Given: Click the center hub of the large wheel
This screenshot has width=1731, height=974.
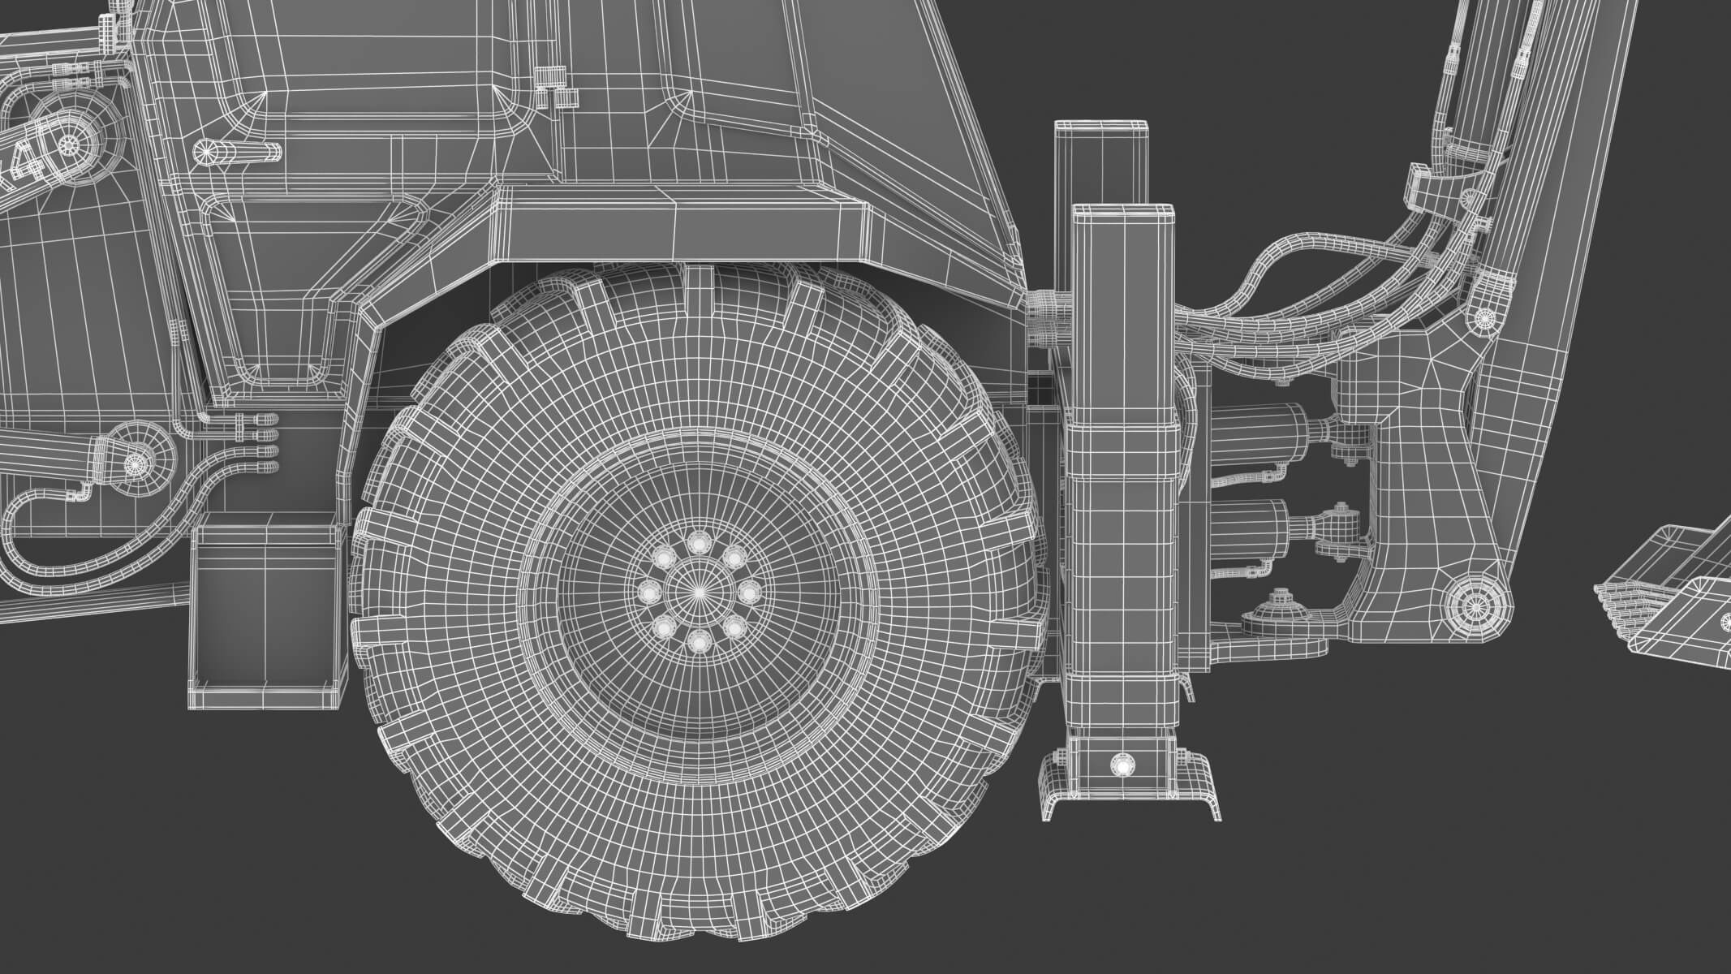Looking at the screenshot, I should click(x=698, y=593).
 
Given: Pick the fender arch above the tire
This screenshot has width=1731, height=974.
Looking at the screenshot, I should click(x=682, y=227).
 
